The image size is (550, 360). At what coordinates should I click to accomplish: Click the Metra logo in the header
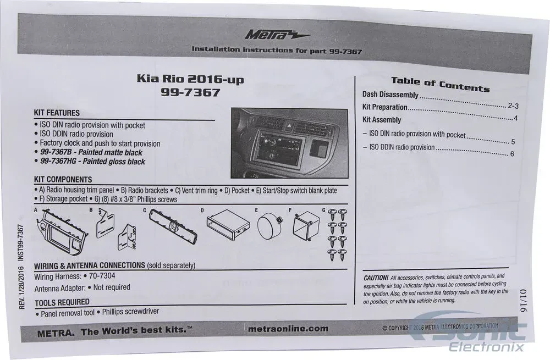(x=277, y=35)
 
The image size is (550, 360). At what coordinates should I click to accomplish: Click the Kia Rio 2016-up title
(x=190, y=79)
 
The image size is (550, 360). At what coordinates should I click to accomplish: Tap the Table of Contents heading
(x=440, y=84)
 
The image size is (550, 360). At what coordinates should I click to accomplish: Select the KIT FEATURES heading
(x=57, y=113)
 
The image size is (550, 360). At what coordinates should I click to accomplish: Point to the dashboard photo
(x=289, y=143)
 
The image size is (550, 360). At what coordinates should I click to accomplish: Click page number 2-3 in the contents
(x=513, y=106)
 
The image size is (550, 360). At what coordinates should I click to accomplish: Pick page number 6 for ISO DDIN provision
(x=512, y=154)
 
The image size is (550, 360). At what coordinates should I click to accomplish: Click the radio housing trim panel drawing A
(x=62, y=231)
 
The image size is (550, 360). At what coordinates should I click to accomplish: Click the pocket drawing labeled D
(x=228, y=225)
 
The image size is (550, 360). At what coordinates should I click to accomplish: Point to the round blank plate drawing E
(x=269, y=226)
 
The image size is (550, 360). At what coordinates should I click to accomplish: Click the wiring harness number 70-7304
(x=102, y=276)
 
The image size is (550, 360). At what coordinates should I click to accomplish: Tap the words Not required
(x=112, y=287)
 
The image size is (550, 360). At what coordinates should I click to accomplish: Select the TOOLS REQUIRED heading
(x=62, y=302)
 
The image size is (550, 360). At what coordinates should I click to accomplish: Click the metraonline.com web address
(x=288, y=329)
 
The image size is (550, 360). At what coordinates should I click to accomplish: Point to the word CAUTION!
(x=376, y=278)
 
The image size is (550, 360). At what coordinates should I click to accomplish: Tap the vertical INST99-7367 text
(x=21, y=242)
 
